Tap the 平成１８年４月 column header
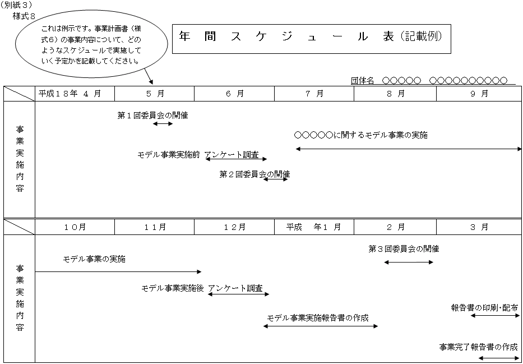[70, 94]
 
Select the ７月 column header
[314, 94]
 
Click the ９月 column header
[479, 94]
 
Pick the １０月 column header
[75, 227]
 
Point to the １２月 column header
[234, 227]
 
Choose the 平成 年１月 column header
[313, 227]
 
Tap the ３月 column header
[479, 227]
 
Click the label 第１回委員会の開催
[153, 116]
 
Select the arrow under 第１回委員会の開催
[163, 124]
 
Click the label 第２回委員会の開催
[254, 174]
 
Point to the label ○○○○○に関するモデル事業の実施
[361, 136]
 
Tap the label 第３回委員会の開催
[404, 249]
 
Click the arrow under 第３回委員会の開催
[409, 262]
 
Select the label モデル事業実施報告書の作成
[318, 317]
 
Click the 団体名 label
[362, 80]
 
